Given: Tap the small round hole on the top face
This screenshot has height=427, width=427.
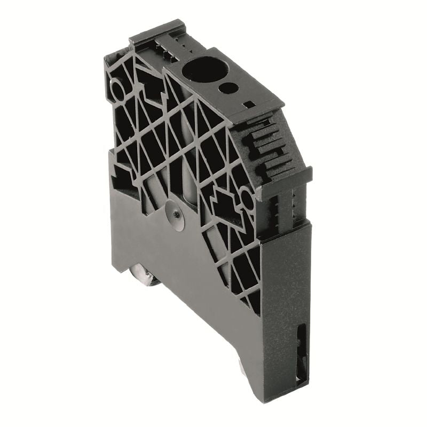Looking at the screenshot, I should point(228,87).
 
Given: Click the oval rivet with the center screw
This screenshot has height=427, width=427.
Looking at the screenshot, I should point(175,215).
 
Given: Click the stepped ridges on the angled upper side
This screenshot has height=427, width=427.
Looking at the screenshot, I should point(267,144).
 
